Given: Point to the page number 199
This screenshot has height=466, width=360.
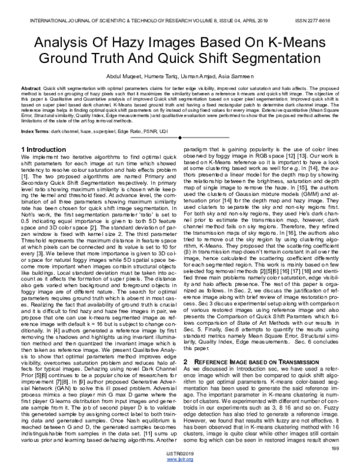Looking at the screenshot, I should (x=334, y=447).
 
